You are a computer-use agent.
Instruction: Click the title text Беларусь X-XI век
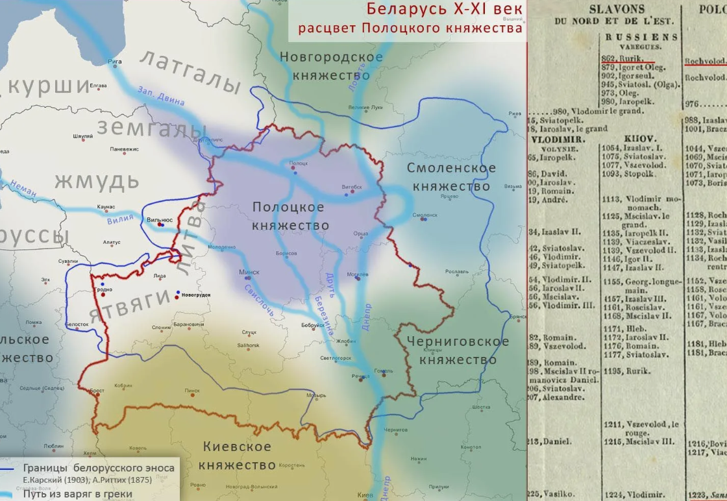point(445,9)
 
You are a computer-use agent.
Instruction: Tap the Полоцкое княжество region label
point(289,216)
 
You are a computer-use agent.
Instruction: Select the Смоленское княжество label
point(451,177)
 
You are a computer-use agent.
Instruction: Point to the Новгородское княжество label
point(331,66)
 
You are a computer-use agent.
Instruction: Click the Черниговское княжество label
point(458,350)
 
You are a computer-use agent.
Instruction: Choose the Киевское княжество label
point(237,456)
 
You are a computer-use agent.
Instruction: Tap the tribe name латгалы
point(190,71)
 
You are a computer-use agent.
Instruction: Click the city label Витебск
point(352,187)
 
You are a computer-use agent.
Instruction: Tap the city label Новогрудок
point(196,295)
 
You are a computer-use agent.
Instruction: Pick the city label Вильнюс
point(160,220)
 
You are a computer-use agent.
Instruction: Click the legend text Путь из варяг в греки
point(78,494)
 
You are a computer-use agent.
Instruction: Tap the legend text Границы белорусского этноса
point(98,469)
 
